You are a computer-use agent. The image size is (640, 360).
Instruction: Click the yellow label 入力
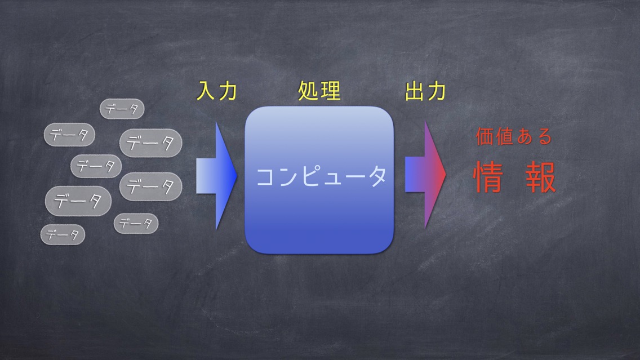217,91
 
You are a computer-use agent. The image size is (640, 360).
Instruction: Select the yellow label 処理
319,91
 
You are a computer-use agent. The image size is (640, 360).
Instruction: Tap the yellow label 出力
425,91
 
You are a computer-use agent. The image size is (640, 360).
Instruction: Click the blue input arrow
216,176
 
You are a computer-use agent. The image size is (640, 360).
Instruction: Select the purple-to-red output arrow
425,175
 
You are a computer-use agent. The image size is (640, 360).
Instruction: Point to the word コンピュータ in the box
321,176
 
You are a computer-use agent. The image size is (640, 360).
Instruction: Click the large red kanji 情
488,177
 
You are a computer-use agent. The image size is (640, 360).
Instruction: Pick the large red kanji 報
541,177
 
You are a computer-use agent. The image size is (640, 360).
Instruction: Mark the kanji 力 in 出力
436,91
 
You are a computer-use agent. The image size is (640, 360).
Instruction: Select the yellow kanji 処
308,91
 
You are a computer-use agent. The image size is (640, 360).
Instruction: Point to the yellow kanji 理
331,91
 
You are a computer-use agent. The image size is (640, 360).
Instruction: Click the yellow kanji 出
414,91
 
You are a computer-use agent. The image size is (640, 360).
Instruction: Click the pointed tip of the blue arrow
237,176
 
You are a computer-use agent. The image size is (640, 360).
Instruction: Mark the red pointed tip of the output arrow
446,175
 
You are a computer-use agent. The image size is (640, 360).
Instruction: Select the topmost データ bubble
122,109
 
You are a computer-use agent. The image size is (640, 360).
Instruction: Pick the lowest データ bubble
63,235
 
